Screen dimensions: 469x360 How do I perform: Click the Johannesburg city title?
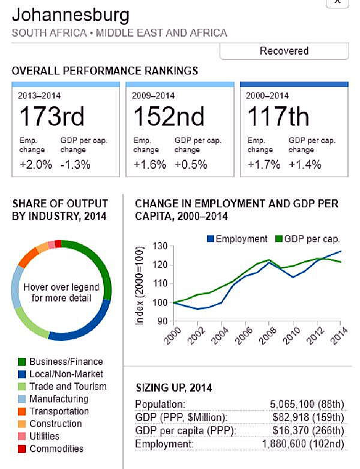tap(70, 14)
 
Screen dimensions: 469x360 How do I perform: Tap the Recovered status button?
tap(284, 51)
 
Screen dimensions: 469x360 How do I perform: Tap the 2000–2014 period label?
tap(267, 95)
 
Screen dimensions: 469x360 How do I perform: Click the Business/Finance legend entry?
tap(66, 362)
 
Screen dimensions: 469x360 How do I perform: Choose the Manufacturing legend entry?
tap(59, 399)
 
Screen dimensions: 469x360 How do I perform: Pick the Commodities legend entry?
tap(56, 449)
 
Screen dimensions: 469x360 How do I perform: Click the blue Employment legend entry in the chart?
tap(237, 238)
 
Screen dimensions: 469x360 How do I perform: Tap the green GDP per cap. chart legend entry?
tap(306, 238)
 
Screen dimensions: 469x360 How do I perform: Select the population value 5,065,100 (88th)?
tap(305, 404)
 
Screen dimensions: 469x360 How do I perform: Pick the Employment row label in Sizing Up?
tap(164, 443)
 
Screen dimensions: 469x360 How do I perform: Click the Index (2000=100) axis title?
tap(140, 285)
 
